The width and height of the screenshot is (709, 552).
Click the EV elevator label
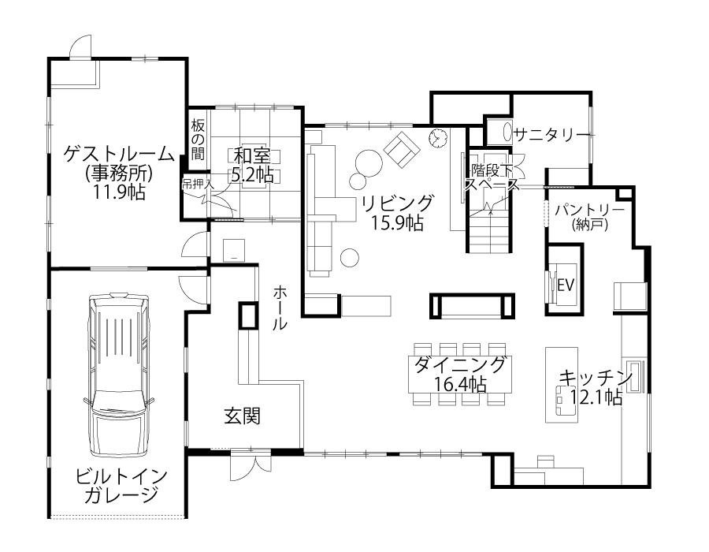click(566, 285)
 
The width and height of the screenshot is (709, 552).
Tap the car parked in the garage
click(119, 375)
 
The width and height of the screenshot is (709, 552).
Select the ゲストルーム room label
click(119, 155)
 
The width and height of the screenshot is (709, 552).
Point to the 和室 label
click(252, 156)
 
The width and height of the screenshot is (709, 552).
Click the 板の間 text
click(198, 140)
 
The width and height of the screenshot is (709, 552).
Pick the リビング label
click(398, 203)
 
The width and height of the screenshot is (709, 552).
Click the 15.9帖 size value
click(398, 222)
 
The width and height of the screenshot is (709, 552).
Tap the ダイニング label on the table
click(460, 364)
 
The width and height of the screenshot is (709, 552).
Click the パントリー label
click(590, 210)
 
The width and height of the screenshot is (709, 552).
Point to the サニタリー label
click(552, 134)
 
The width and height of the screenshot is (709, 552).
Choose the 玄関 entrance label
click(243, 416)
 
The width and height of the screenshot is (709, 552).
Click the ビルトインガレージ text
click(121, 486)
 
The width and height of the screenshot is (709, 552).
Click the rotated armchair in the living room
click(402, 150)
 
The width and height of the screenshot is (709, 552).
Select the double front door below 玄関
click(251, 464)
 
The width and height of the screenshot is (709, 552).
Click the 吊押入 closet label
click(196, 185)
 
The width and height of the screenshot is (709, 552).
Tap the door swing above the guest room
click(81, 47)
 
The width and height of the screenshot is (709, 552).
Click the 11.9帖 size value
click(119, 192)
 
